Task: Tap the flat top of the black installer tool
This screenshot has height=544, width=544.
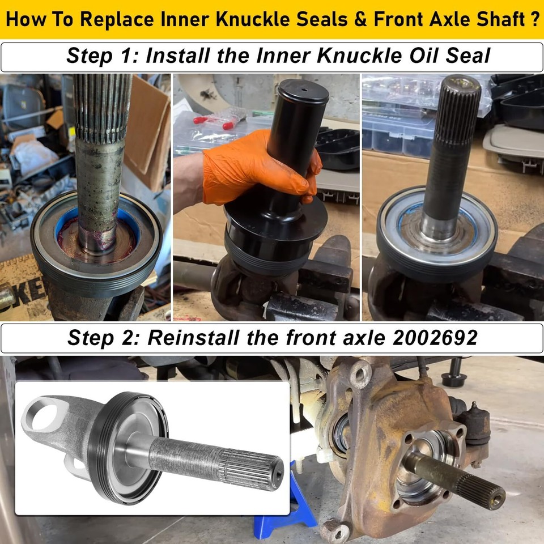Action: click(x=303, y=90)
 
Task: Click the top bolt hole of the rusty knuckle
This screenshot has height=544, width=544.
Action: click(x=360, y=375)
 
